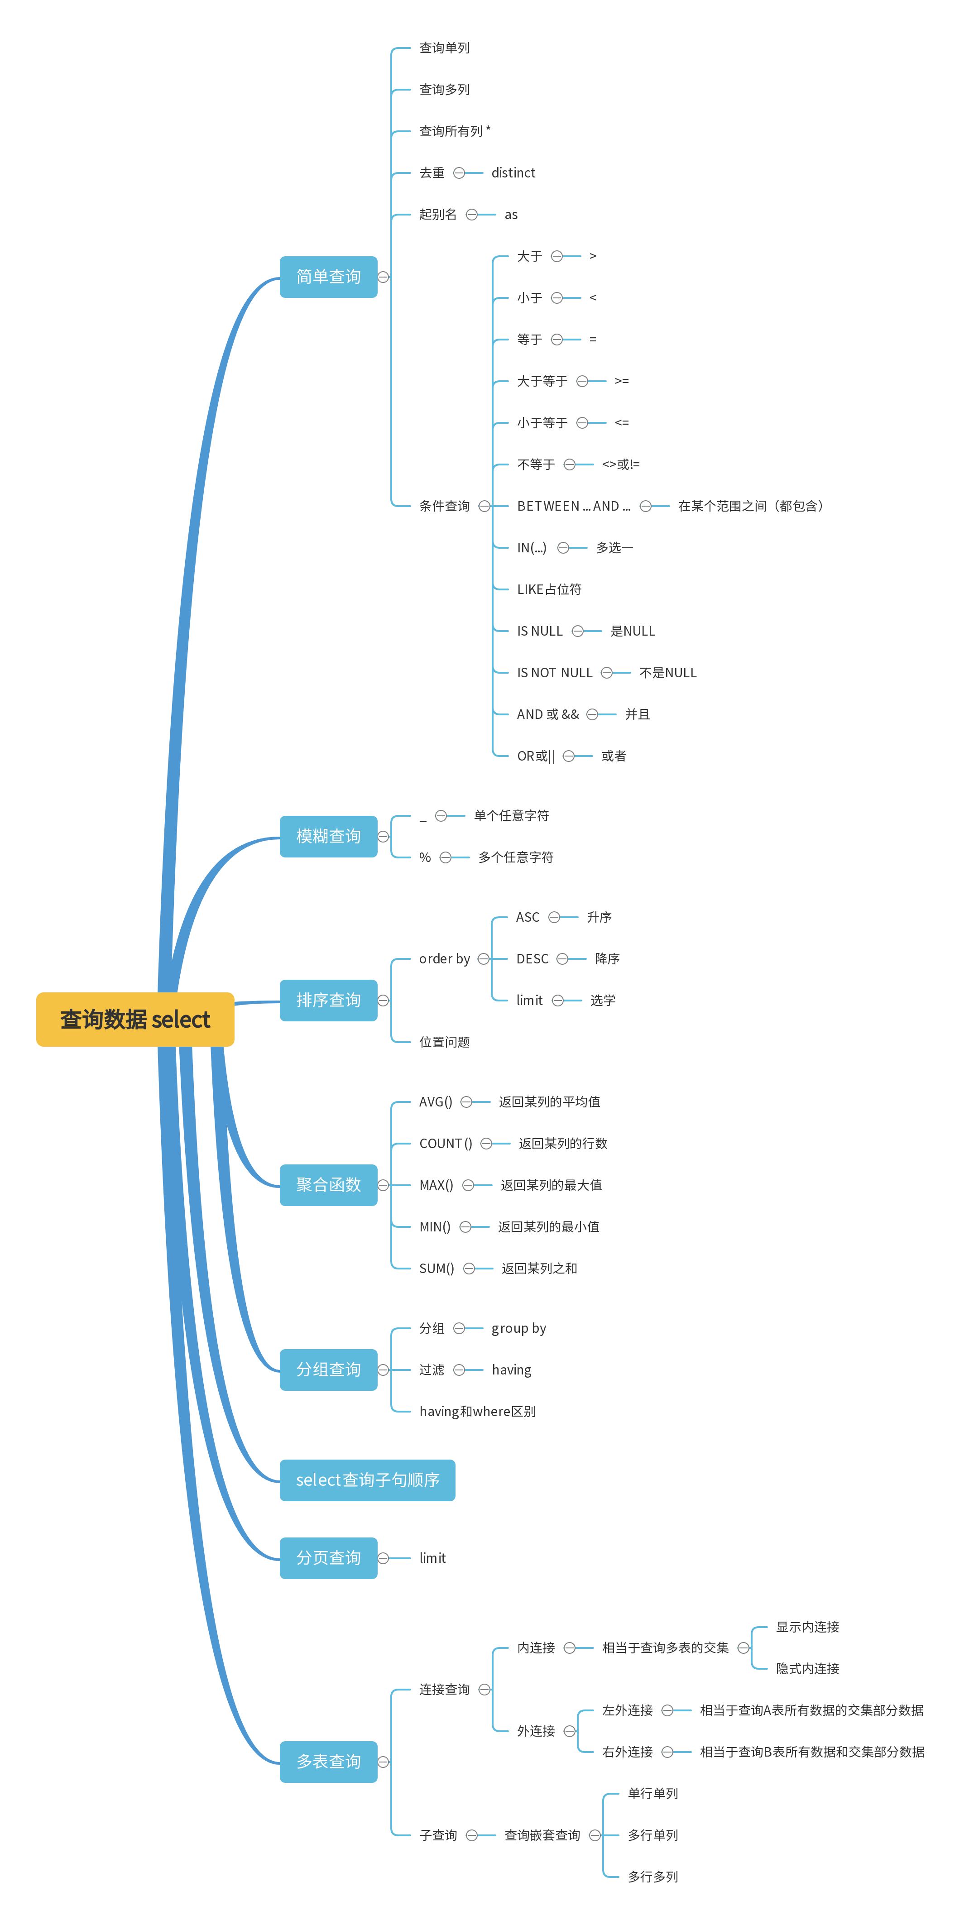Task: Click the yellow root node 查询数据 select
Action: click(x=135, y=1019)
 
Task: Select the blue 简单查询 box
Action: click(x=328, y=277)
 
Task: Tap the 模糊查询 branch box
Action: click(x=328, y=836)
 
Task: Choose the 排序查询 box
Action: click(x=328, y=1000)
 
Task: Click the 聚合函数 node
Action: click(x=328, y=1184)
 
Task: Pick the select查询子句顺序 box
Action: click(x=367, y=1480)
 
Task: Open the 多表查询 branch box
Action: click(x=328, y=1762)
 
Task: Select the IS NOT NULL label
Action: click(x=554, y=673)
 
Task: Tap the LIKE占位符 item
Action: click(x=549, y=589)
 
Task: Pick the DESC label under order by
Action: click(x=532, y=959)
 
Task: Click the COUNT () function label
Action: click(x=445, y=1143)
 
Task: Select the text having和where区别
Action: click(x=477, y=1412)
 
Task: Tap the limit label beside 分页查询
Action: click(x=432, y=1558)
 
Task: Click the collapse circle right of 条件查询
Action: click(x=484, y=507)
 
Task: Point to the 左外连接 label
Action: click(x=627, y=1710)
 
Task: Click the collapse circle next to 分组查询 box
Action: click(x=384, y=1370)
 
